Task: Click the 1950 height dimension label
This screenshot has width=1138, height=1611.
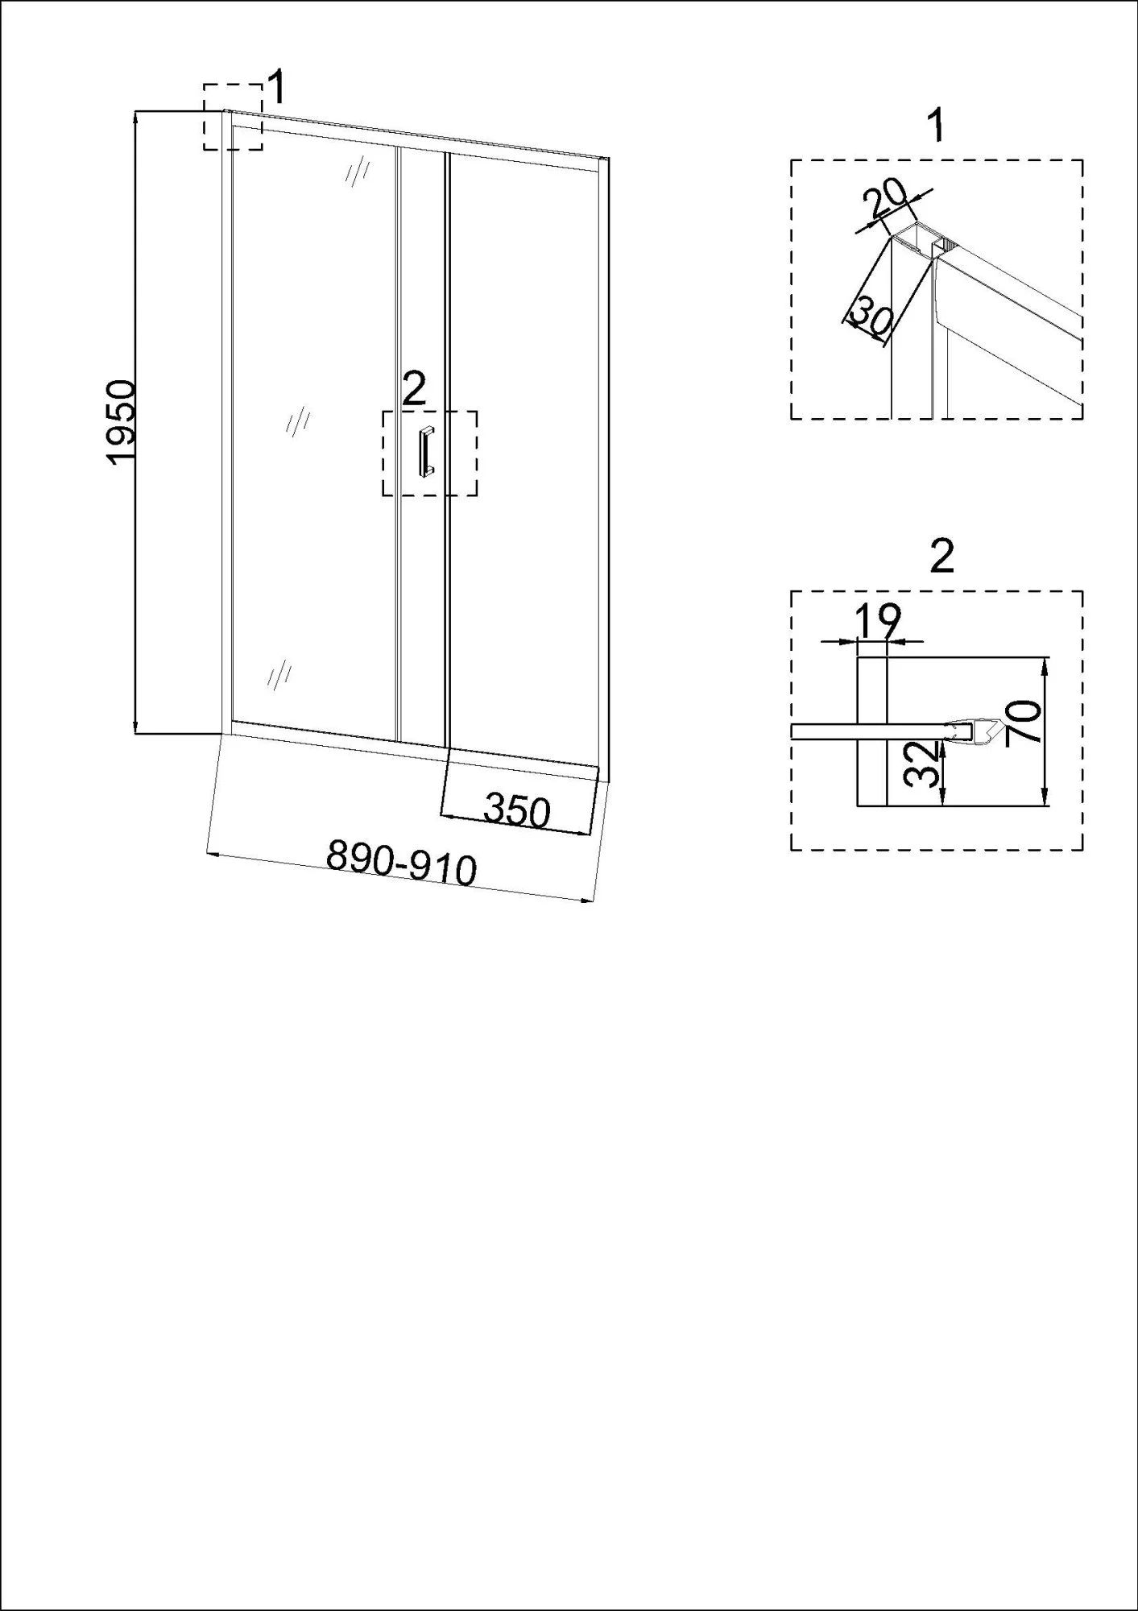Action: (x=122, y=422)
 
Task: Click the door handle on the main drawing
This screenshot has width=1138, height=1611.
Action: (x=424, y=452)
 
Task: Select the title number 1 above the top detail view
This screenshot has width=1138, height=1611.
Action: (x=936, y=126)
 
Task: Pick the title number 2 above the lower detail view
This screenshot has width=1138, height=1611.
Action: (x=941, y=556)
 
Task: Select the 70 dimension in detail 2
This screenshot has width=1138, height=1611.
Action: (x=1027, y=721)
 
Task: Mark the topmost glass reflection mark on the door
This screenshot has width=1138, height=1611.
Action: (x=357, y=172)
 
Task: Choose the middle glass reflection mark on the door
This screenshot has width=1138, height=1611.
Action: (x=298, y=421)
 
